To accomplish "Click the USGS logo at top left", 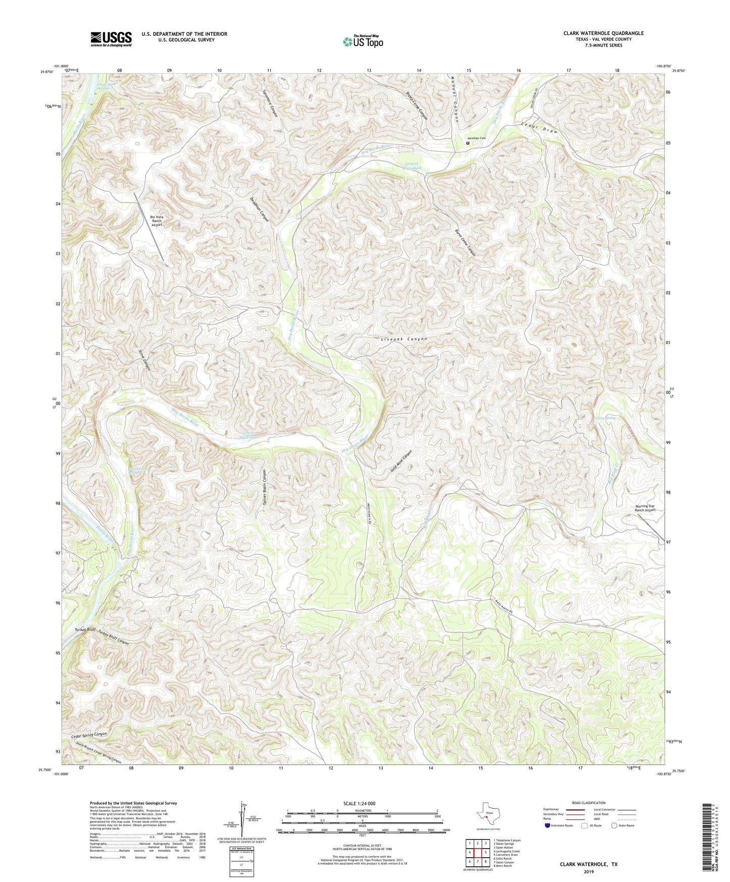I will point(111,39).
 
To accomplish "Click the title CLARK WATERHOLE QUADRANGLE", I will point(603,33).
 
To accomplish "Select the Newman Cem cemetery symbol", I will point(467,143).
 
